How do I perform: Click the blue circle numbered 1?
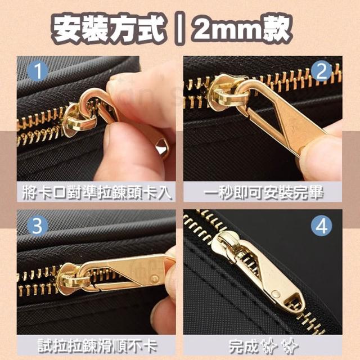pyautogui.click(x=38, y=71)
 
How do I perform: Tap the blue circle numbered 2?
pyautogui.click(x=321, y=71)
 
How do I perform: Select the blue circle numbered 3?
pyautogui.click(x=38, y=226)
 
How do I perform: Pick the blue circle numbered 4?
pyautogui.click(x=321, y=226)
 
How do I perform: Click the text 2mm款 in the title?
pyautogui.click(x=242, y=29)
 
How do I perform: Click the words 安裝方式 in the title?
pyautogui.click(x=108, y=29)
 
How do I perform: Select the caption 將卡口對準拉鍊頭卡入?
pyautogui.click(x=97, y=192)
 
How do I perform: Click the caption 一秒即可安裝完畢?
pyautogui.click(x=263, y=192)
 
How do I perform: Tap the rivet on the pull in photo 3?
pyautogui.click(x=155, y=279)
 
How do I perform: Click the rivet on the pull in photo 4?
pyautogui.click(x=276, y=294)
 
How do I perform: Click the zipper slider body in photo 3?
pyautogui.click(x=71, y=278)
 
